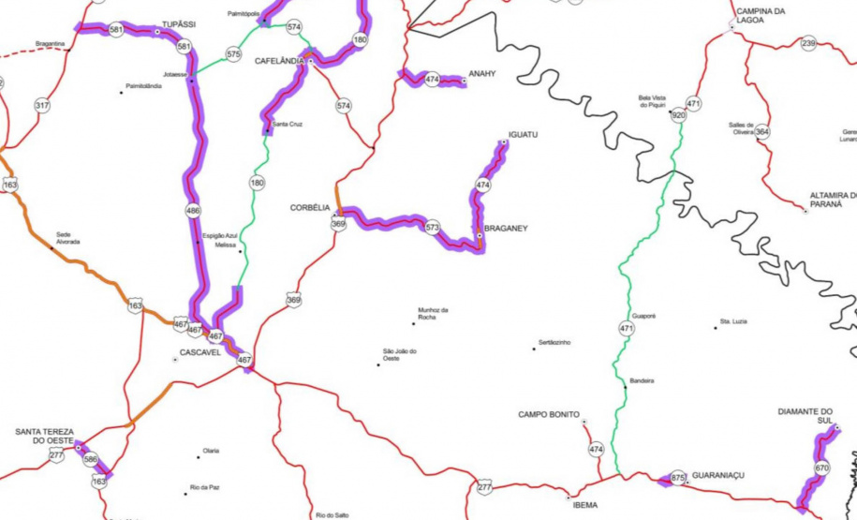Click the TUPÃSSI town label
point(178,24)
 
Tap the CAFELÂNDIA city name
point(279,61)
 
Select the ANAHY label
point(481,73)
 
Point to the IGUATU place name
point(523,135)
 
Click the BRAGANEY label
point(508,228)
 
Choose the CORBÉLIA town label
point(310,208)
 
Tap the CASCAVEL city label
point(199,353)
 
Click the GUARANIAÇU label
point(718,476)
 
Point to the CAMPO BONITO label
point(549,414)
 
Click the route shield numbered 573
point(432,228)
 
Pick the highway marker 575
point(233,54)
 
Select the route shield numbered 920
point(679,115)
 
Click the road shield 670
point(822,468)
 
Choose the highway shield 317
point(42,106)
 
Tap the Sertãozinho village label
point(552,342)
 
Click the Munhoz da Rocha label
point(434,314)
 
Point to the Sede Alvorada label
point(68,238)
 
